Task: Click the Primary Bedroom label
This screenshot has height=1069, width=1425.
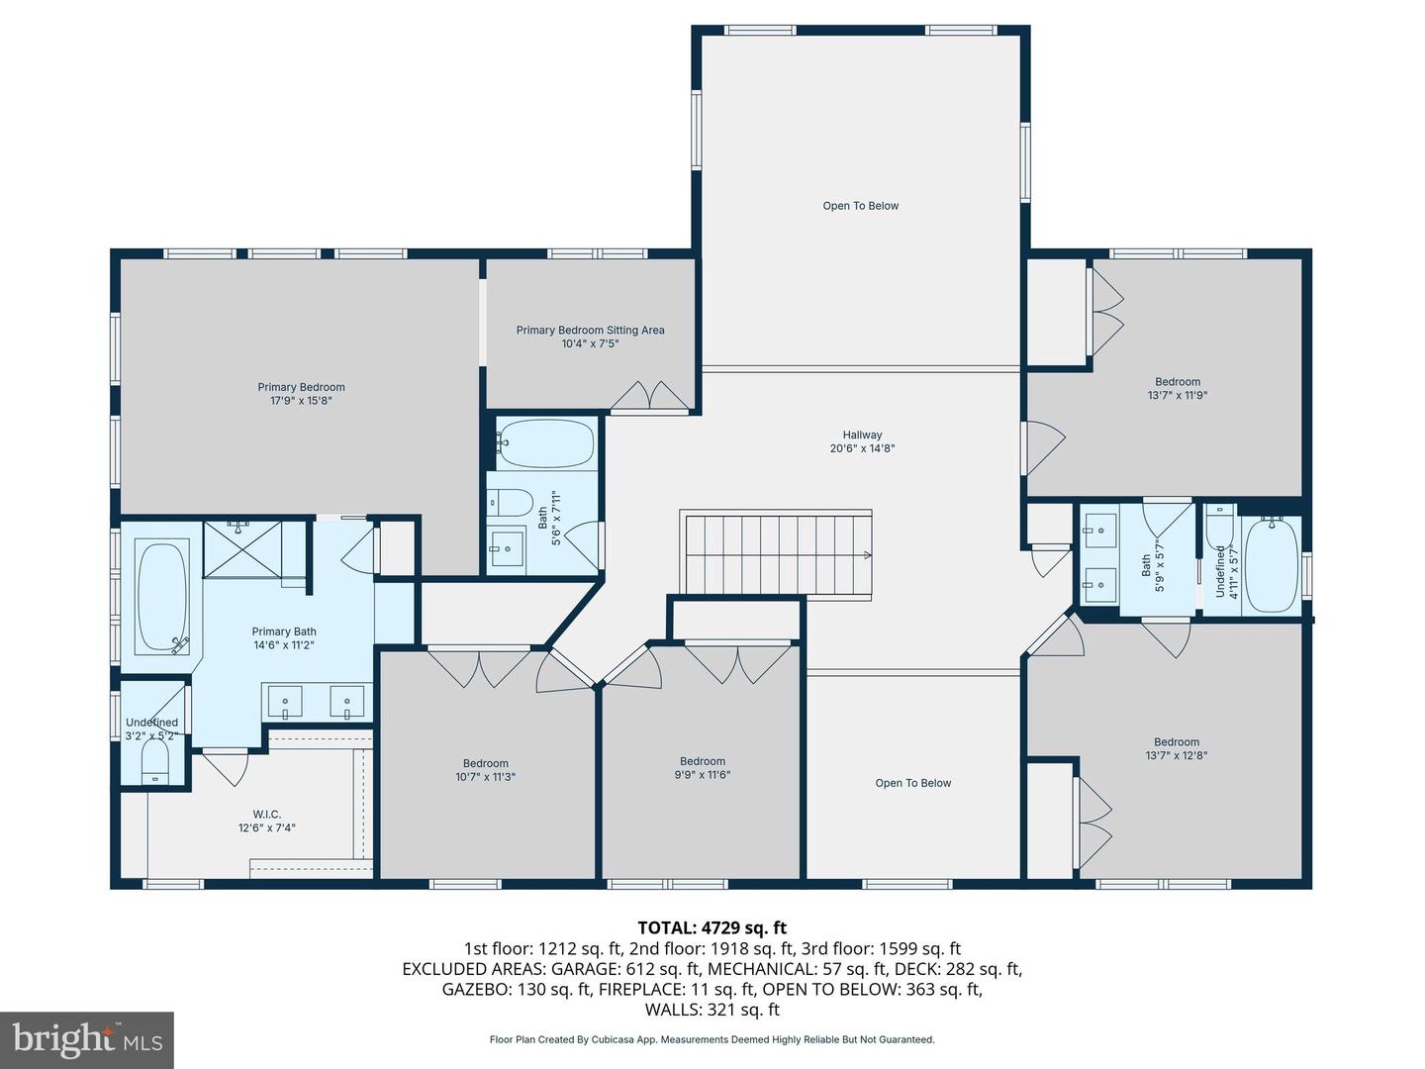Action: point(301,394)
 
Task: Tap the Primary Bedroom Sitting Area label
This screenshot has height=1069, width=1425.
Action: point(590,337)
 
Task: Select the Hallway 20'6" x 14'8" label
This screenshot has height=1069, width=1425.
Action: point(862,441)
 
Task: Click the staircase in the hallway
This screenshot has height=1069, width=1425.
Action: point(775,553)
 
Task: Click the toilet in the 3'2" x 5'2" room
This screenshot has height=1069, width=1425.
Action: point(155,763)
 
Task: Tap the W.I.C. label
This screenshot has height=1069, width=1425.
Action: point(266,821)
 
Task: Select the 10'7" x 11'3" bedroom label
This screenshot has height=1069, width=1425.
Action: point(485,770)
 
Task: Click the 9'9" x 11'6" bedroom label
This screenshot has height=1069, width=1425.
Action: point(702,768)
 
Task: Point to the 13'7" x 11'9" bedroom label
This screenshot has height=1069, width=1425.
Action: point(1177,388)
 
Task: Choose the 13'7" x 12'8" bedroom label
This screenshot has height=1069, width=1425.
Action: point(1176,748)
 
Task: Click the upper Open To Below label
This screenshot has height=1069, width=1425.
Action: point(860,206)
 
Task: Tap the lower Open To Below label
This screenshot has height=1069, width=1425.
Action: point(912,783)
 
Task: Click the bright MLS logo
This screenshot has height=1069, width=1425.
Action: point(87,1039)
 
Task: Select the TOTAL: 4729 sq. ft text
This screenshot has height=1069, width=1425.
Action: point(712,927)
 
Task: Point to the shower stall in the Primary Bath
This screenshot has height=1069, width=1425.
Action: point(242,548)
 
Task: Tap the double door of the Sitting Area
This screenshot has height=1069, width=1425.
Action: point(647,396)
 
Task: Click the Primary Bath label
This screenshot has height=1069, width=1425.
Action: point(284,638)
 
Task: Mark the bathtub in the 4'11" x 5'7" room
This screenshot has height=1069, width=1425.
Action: point(1272,564)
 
